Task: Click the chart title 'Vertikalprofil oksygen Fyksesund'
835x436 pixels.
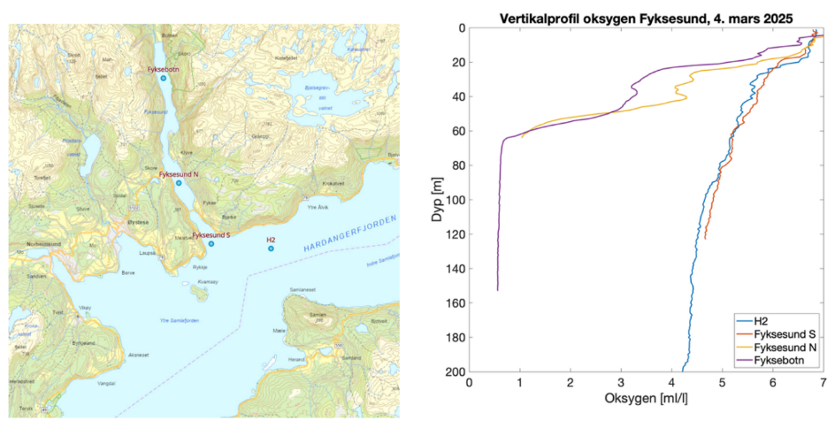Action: point(645,17)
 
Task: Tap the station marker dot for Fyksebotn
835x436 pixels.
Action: point(163,79)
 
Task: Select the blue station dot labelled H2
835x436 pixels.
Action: point(271,248)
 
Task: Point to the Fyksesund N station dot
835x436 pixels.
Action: point(179,184)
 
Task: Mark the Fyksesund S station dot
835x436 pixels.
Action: point(211,243)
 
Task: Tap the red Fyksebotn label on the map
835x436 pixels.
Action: point(163,68)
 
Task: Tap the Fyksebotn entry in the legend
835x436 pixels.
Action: point(779,361)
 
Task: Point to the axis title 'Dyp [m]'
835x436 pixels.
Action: point(436,200)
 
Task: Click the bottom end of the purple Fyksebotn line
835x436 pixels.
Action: point(497,290)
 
